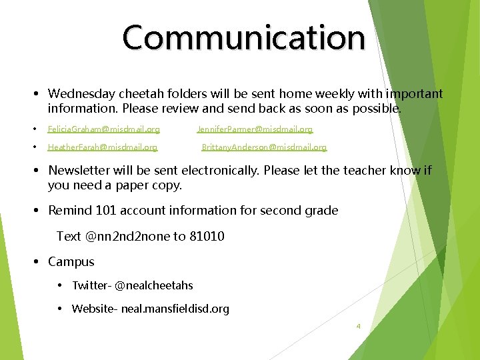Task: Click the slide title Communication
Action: [244, 38]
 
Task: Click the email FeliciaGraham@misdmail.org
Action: [103, 129]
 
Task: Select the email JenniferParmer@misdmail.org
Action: [255, 129]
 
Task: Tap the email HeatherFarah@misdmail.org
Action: [102, 147]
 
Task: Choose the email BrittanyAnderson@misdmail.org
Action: [264, 147]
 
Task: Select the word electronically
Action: [219, 170]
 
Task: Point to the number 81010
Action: [207, 236]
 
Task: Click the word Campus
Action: [71, 262]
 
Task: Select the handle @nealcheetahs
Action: [154, 285]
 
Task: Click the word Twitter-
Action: [91, 285]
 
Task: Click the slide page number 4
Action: [358, 326]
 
